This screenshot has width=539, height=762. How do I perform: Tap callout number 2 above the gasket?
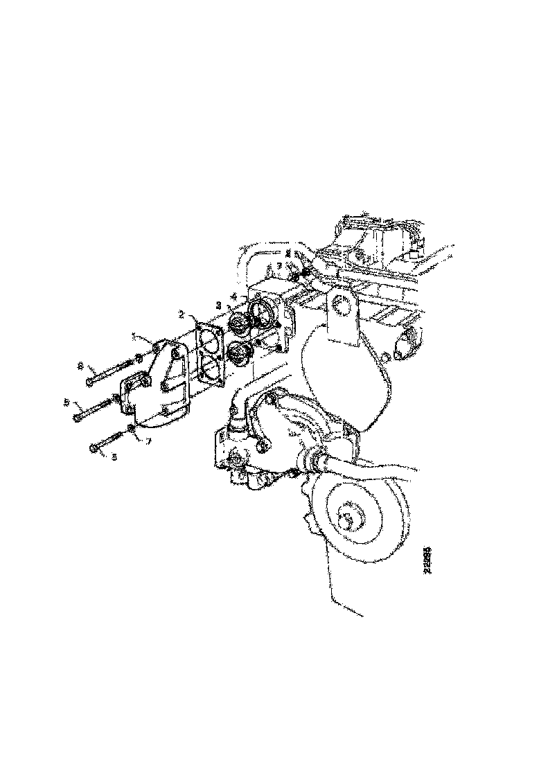182,314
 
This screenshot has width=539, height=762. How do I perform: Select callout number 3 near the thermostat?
219,305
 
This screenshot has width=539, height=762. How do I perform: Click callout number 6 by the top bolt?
80,365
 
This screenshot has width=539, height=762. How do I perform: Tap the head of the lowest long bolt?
94,448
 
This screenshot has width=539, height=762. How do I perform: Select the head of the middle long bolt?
77,416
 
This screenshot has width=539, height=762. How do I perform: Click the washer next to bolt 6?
139,358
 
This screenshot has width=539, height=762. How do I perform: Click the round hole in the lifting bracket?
341,303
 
